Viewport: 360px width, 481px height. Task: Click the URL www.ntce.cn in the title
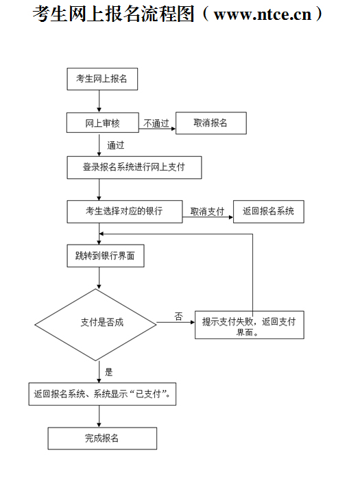(x=263, y=14)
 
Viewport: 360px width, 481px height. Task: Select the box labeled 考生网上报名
(x=102, y=79)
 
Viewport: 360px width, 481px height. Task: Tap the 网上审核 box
(x=102, y=123)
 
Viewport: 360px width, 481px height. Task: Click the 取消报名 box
(x=211, y=123)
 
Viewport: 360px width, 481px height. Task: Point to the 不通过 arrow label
(x=156, y=123)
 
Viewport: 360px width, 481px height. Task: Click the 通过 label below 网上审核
(x=115, y=145)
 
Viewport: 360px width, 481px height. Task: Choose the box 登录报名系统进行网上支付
(x=134, y=167)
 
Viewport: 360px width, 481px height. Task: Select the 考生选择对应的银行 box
(x=125, y=212)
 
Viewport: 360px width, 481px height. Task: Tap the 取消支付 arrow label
(x=208, y=211)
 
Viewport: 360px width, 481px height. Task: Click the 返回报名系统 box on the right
(x=269, y=212)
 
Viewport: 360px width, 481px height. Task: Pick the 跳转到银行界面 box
(x=106, y=256)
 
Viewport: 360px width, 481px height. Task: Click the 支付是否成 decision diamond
(x=96, y=325)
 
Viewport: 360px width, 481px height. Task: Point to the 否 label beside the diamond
(x=178, y=317)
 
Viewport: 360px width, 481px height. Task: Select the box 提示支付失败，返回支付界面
(x=250, y=325)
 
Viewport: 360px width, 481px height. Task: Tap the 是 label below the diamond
(x=109, y=372)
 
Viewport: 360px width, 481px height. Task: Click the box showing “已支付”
(x=102, y=394)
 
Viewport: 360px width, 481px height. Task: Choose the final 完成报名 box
(x=102, y=439)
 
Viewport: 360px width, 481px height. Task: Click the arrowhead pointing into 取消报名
(x=173, y=129)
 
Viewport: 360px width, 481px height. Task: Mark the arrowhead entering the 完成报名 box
(x=99, y=425)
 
